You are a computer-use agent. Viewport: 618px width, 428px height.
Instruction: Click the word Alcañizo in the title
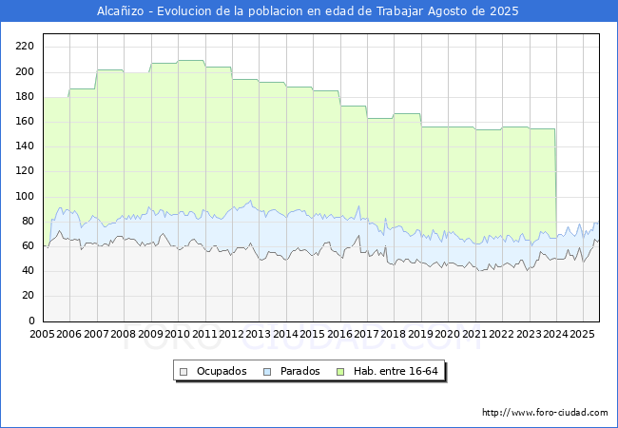[120, 11]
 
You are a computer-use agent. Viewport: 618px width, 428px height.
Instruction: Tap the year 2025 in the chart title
[504, 11]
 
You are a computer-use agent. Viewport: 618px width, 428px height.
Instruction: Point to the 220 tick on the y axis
[25, 47]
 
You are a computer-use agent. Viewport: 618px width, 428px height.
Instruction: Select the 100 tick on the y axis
[25, 196]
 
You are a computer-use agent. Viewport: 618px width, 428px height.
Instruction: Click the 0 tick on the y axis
[31, 321]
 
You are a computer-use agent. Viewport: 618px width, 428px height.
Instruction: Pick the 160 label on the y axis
[25, 122]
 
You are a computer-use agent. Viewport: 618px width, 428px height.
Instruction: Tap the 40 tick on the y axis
[28, 271]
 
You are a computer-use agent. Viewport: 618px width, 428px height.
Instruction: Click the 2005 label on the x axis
[42, 334]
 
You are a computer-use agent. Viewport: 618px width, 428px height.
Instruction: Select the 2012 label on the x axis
[231, 334]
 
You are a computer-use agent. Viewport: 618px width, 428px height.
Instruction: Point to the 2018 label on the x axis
[394, 334]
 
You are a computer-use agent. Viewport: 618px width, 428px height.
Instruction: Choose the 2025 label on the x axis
[582, 334]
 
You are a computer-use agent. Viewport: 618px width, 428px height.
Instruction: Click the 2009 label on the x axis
[150, 334]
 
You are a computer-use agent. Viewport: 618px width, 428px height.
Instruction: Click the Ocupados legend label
[222, 371]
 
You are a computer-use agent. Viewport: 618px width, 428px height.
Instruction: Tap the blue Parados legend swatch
[267, 372]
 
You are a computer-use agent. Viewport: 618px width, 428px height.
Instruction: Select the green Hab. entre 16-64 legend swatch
[340, 372]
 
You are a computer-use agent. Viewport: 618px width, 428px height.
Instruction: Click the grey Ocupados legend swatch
[183, 372]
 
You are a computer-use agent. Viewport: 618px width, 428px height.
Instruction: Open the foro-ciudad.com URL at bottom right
[545, 413]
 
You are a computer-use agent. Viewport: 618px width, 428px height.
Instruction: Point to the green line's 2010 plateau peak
[191, 60]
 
